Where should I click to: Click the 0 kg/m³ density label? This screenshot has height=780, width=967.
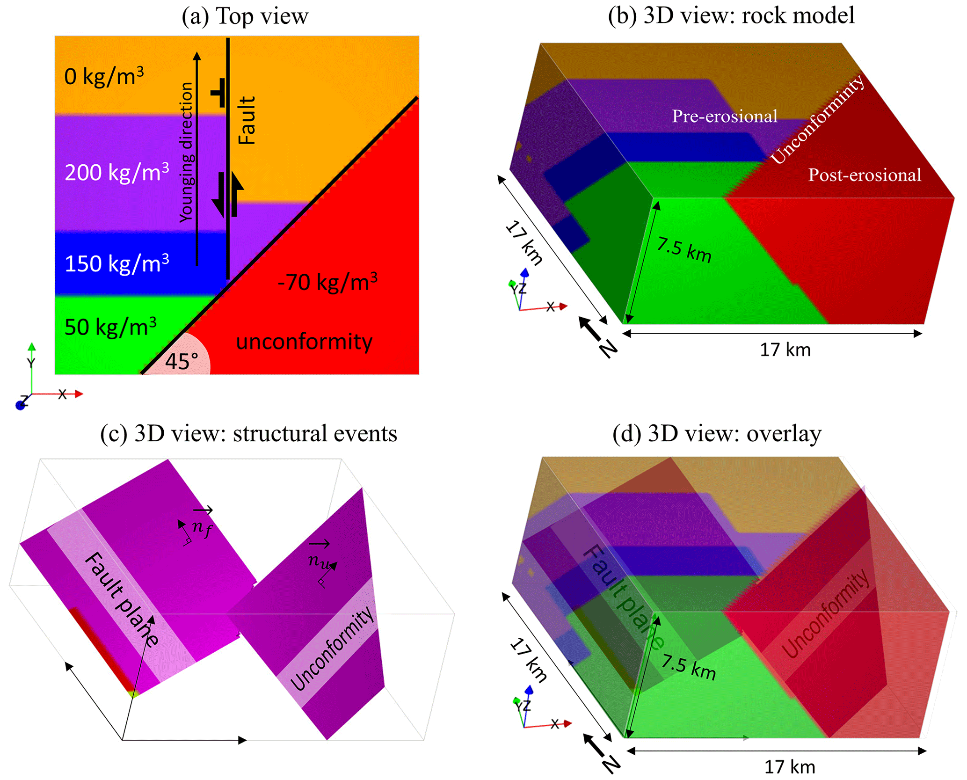(104, 76)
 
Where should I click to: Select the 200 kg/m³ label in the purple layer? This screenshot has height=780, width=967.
(116, 172)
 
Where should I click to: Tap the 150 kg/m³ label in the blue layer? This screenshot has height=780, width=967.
(116, 263)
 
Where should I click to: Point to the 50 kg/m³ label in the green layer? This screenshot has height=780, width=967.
(110, 327)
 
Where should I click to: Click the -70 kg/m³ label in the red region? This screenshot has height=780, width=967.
(327, 282)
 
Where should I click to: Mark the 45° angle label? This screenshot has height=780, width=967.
(182, 361)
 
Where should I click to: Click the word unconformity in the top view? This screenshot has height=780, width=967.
(304, 342)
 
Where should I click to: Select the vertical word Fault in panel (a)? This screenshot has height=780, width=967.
(247, 120)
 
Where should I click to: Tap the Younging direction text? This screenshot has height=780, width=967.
(186, 152)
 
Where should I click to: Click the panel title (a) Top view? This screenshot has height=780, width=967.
(245, 16)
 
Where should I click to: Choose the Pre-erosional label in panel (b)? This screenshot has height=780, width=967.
(725, 116)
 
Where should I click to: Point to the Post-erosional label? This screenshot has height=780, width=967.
(865, 175)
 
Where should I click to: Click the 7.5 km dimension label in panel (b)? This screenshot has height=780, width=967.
(684, 251)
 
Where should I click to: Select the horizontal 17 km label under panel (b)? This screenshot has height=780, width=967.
(785, 350)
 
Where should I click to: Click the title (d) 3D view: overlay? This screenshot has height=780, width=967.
(717, 434)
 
